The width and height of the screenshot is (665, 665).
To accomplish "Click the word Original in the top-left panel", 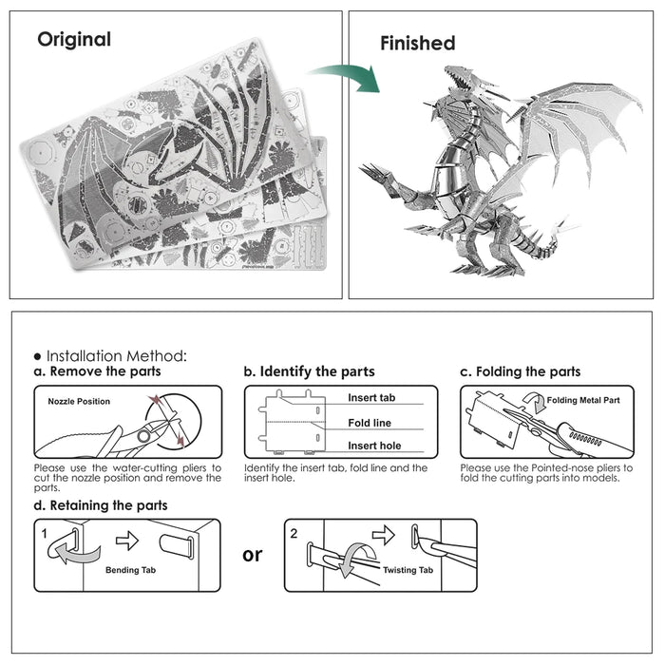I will pos(74,40).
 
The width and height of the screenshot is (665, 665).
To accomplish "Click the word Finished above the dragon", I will pos(417,43).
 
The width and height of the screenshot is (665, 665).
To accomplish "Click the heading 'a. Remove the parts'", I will pos(97,371).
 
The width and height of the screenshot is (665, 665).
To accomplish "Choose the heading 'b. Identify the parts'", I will pos(309,371).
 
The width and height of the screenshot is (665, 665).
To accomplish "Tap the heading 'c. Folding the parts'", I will pos(520,371).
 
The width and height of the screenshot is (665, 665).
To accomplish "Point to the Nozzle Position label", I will pos(79,401).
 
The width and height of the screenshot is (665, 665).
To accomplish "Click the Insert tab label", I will pos(370,398).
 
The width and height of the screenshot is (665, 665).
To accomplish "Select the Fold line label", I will pos(369,423).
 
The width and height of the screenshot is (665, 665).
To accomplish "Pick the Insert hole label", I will pos(373,446).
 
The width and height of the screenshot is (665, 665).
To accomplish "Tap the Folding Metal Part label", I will pos(583,400).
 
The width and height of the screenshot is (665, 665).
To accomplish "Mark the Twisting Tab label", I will pos(408,570).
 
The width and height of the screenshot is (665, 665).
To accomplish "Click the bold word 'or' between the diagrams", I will pos(252,555).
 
